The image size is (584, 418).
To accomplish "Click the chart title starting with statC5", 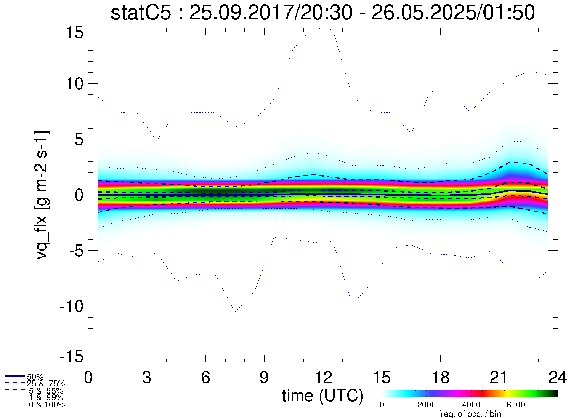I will click(x=323, y=13).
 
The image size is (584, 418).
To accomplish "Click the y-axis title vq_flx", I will click(x=42, y=195).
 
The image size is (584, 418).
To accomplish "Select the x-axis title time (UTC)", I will click(x=323, y=396).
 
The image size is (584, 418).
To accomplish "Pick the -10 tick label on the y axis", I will click(x=71, y=306).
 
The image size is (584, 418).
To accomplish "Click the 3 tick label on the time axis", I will click(x=147, y=378).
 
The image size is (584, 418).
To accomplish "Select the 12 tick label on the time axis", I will click(x=323, y=378).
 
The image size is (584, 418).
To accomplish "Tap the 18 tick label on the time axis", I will click(x=440, y=378).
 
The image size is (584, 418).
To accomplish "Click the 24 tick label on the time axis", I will click(x=557, y=378).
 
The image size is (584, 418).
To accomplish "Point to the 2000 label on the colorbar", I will click(x=426, y=405).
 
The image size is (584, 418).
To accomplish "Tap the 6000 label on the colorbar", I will click(x=515, y=405).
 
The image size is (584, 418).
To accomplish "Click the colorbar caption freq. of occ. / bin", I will click(x=470, y=414).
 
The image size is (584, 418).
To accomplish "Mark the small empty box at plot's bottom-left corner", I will click(x=98, y=356).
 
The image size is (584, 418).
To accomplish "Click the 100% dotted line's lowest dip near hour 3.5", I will click(x=157, y=141).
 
